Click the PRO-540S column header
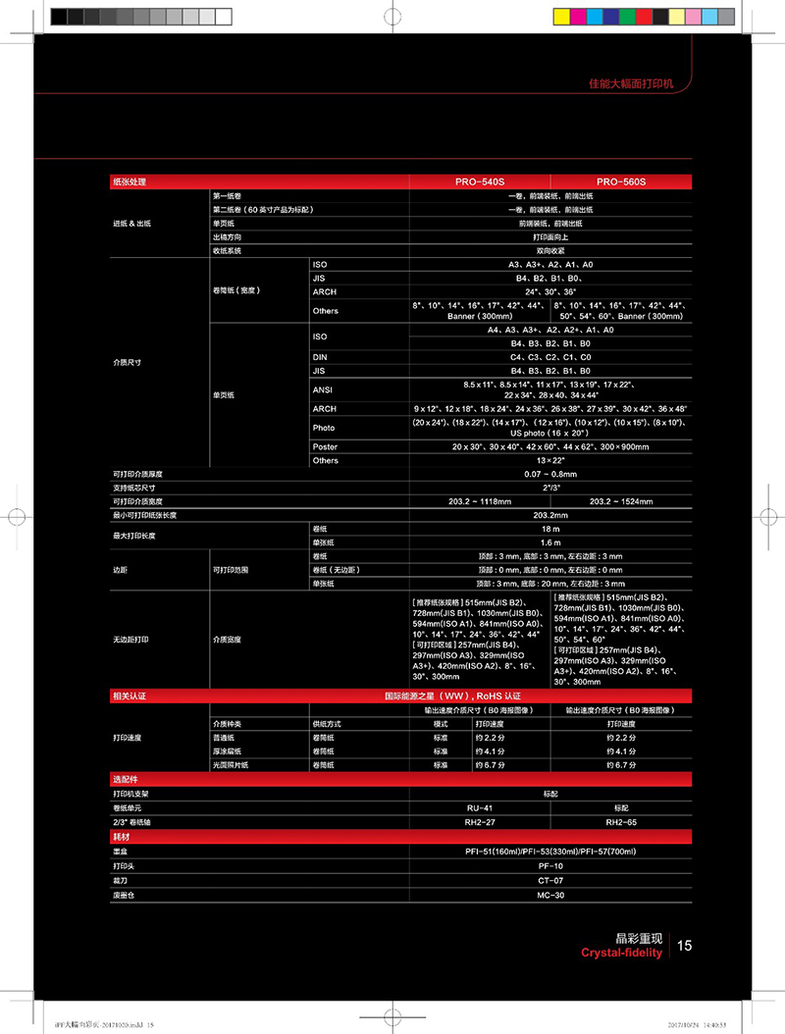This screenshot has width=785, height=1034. pos(479,181)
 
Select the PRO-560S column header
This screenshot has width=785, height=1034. pos(621,181)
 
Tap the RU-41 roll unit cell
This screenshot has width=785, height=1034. pos(479,806)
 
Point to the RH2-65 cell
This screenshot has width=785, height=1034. pos(621,821)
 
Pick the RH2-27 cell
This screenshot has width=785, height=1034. pos(479,821)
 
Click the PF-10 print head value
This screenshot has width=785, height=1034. pos(550,866)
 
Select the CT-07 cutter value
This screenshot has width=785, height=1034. pos(550,881)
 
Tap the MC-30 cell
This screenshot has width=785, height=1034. pos(550,896)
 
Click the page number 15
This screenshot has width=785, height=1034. pos(684,946)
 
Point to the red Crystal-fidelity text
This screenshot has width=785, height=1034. pos(621,953)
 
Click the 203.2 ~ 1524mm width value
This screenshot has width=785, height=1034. pos(621,501)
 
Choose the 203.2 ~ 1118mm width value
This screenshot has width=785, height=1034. pos(479,501)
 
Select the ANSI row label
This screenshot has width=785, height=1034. pos(323,389)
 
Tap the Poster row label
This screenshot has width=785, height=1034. pos(325,446)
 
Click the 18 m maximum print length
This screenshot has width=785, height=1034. pos(550,529)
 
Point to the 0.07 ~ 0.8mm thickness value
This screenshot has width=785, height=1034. pos(550,474)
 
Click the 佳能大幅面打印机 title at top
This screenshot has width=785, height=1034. pos(639,85)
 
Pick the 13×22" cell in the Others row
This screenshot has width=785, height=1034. pos(550,460)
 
